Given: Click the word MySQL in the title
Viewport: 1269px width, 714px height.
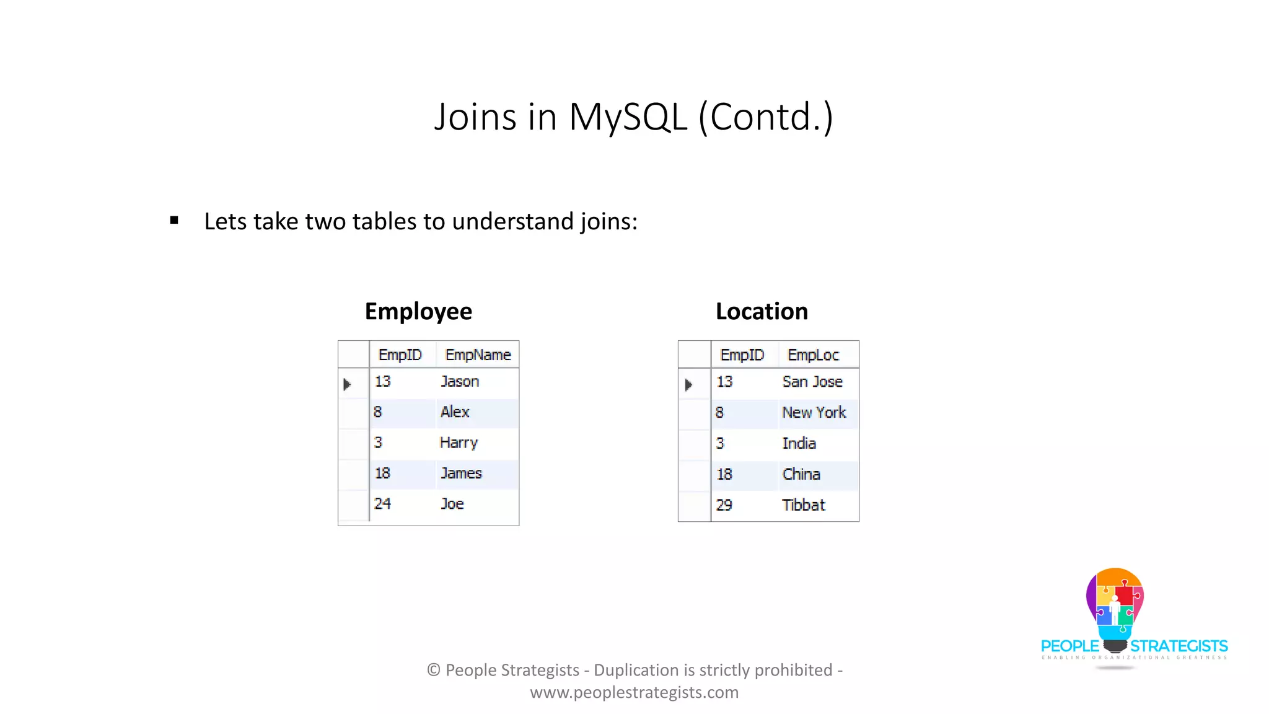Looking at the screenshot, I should pyautogui.click(x=628, y=117).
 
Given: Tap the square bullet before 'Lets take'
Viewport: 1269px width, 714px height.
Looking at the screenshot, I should pyautogui.click(x=174, y=221).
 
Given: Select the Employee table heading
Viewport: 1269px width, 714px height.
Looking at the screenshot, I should pyautogui.click(x=418, y=311).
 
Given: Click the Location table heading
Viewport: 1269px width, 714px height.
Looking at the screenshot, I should pyautogui.click(x=762, y=311).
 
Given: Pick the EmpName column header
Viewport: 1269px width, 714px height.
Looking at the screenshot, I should pyautogui.click(x=478, y=355).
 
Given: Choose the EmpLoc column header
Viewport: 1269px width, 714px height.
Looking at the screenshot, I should pyautogui.click(x=813, y=355).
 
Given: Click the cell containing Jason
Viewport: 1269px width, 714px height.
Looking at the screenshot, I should pyautogui.click(x=460, y=382).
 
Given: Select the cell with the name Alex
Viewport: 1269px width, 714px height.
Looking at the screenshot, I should pyautogui.click(x=455, y=412).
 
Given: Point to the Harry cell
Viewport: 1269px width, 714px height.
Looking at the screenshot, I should pyautogui.click(x=459, y=443).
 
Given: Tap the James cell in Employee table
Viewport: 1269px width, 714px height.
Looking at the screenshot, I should pyautogui.click(x=461, y=474).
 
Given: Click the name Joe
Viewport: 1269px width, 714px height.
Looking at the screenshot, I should pyautogui.click(x=452, y=504).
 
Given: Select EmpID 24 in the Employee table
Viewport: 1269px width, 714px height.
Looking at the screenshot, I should pyautogui.click(x=383, y=504).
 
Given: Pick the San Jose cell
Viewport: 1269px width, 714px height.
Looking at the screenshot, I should pyautogui.click(x=812, y=382).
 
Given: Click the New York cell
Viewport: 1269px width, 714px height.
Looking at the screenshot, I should pyautogui.click(x=814, y=413).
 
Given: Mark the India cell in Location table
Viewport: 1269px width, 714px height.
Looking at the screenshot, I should pyautogui.click(x=799, y=443).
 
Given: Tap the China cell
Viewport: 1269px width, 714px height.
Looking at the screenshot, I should pyautogui.click(x=801, y=474).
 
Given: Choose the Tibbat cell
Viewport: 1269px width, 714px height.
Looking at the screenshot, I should pyautogui.click(x=804, y=505).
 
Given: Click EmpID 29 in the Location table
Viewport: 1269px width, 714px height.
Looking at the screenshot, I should pyautogui.click(x=724, y=505).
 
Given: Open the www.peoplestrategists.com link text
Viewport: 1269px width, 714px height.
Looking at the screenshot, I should pyautogui.click(x=634, y=692).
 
